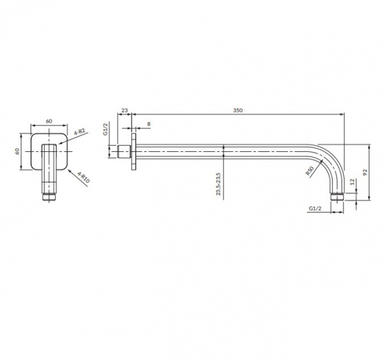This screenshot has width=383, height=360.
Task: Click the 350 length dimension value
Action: (237, 110)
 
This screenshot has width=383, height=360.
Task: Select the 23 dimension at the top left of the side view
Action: (124, 110)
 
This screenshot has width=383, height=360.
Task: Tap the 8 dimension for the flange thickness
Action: (149, 124)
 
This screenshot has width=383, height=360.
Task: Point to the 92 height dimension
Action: (365, 172)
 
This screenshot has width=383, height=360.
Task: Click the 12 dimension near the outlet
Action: (352, 182)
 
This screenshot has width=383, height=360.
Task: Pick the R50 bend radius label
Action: (310, 170)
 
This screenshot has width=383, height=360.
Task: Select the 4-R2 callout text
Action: (79, 131)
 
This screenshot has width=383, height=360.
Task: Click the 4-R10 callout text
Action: (84, 177)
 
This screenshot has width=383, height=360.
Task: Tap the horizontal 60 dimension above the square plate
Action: (49, 121)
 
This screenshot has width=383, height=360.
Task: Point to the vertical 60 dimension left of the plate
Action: (17, 151)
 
